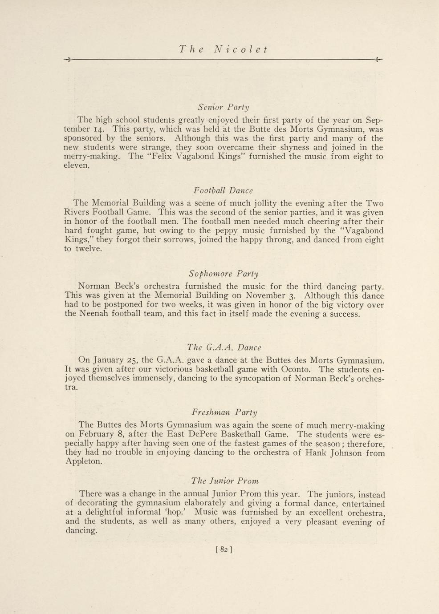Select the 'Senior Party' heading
(224, 107)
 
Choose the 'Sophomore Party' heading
(224, 274)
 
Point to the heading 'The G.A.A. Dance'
(224, 347)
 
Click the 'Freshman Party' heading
(224, 412)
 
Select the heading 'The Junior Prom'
(225, 481)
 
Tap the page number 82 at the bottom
(224, 549)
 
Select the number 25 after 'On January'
(132, 360)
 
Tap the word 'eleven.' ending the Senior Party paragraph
(77, 166)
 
